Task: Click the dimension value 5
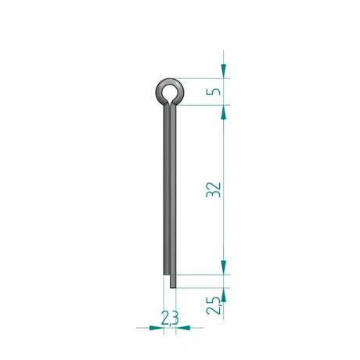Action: click(213, 92)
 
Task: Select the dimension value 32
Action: click(214, 189)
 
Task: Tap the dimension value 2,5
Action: click(214, 305)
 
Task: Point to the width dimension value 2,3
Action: click(170, 318)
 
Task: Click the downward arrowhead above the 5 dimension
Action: click(224, 71)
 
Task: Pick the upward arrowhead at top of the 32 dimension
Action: click(224, 112)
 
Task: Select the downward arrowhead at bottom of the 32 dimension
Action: click(224, 268)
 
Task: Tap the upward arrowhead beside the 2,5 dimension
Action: click(224, 295)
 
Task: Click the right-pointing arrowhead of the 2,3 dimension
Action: click(157, 328)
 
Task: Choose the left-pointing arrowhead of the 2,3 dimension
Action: click(183, 328)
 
